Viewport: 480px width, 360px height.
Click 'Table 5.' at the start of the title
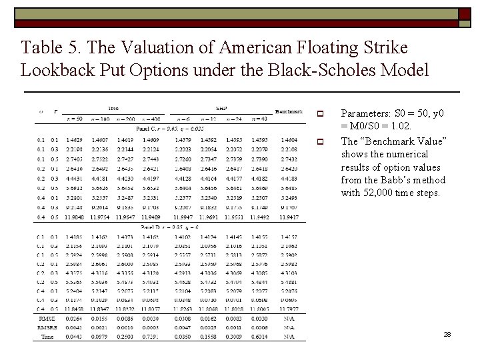(48, 48)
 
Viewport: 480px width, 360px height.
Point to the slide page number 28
(447, 334)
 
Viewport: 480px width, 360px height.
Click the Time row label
(46, 337)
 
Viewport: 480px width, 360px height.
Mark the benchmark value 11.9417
(289, 217)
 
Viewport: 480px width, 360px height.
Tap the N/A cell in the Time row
(289, 337)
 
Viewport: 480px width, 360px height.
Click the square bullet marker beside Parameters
(320, 113)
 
